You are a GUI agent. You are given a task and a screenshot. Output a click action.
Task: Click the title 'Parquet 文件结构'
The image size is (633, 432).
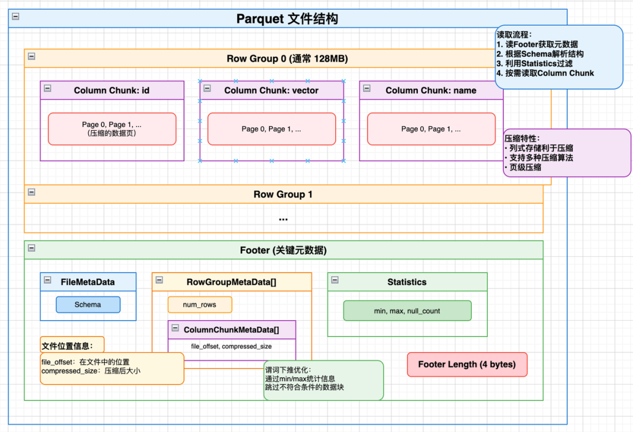(x=287, y=19)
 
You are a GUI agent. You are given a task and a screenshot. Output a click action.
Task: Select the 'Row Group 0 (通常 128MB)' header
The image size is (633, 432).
(x=287, y=59)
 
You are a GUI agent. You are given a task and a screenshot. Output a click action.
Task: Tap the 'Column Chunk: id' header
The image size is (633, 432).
(x=111, y=90)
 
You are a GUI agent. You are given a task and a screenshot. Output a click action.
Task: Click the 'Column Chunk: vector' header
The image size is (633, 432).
(x=271, y=90)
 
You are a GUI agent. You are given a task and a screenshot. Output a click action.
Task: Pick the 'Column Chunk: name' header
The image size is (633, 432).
(x=431, y=90)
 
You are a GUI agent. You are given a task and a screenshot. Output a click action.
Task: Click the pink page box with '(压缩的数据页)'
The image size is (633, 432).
(x=111, y=129)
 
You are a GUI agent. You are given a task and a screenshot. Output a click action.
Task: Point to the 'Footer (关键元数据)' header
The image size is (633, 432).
(x=283, y=250)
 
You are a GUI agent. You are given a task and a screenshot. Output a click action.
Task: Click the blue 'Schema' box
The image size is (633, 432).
(x=88, y=305)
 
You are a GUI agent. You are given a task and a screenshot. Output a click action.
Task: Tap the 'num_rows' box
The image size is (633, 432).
(x=200, y=305)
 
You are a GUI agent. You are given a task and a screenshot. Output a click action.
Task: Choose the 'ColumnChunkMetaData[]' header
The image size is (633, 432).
(x=231, y=329)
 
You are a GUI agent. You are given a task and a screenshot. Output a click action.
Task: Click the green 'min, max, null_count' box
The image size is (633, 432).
(x=407, y=311)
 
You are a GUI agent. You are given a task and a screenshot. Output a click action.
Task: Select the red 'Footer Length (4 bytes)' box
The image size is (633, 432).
(x=467, y=364)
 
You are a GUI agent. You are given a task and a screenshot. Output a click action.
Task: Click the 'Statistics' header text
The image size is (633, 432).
(x=407, y=282)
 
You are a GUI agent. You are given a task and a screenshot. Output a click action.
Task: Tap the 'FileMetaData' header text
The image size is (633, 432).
(x=88, y=282)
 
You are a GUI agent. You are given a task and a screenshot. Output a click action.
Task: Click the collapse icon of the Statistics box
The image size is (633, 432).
(x=335, y=280)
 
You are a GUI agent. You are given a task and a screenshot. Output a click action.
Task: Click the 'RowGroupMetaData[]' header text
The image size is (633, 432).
(x=232, y=282)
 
